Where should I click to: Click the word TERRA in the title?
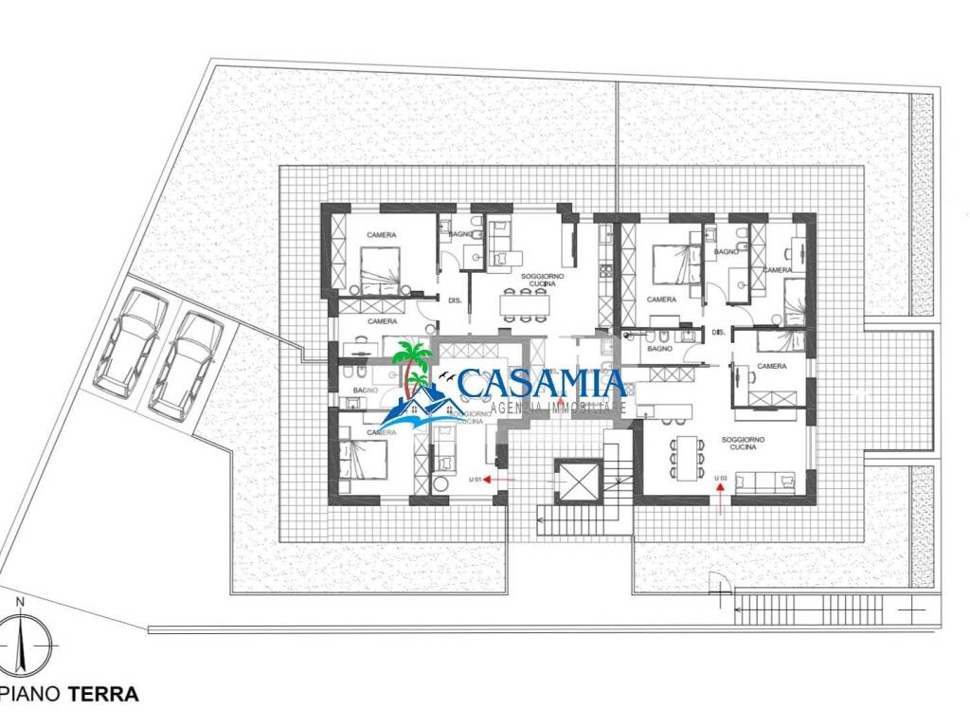104,694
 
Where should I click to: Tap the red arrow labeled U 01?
499,480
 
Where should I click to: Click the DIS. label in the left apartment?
455,300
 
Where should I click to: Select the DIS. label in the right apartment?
718,332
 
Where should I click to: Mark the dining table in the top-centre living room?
526,303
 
